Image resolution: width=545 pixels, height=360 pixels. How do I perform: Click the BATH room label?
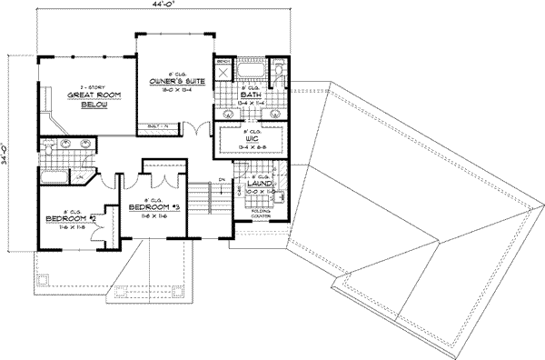(251, 95)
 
